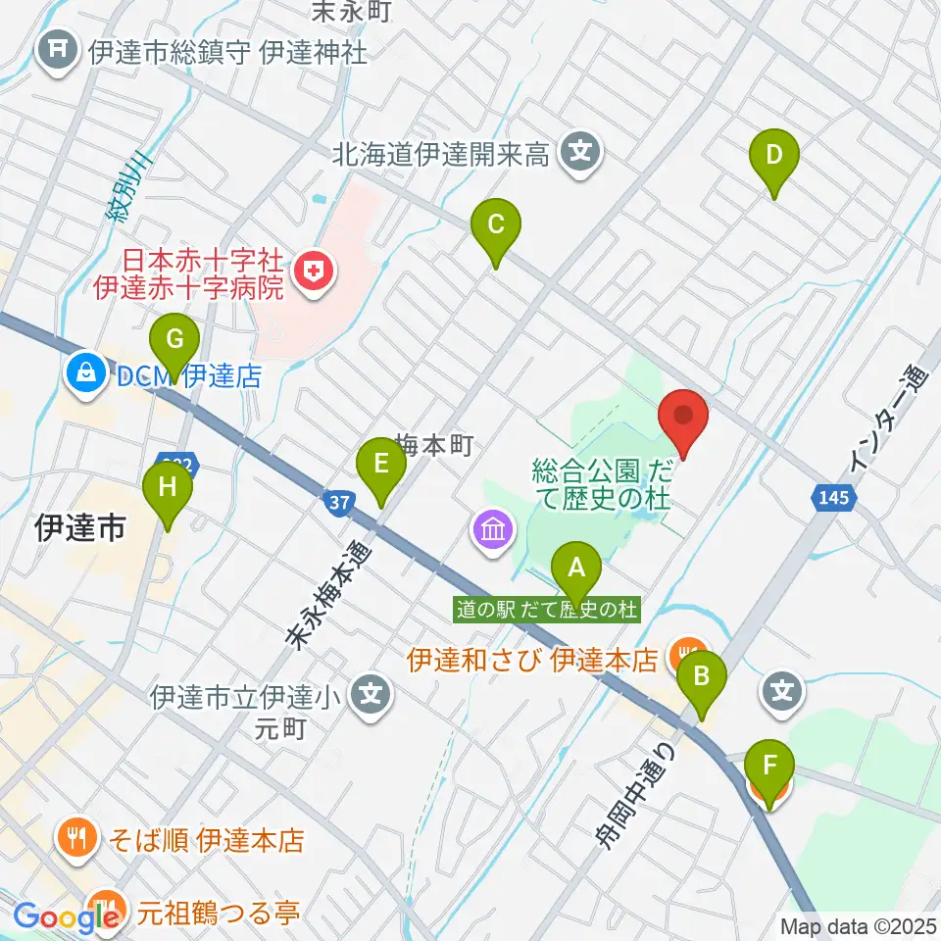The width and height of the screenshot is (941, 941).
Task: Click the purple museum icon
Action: pyautogui.click(x=493, y=530)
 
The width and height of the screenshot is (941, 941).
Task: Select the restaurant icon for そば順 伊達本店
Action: pyautogui.click(x=77, y=839)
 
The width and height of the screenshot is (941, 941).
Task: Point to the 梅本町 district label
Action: pyautogui.click(x=435, y=445)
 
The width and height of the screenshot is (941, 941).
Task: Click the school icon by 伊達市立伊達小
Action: pyautogui.click(x=371, y=698)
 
